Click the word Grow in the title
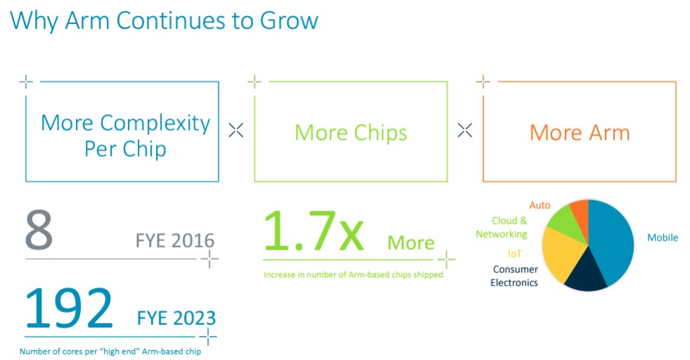click(289, 20)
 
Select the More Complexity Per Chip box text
click(125, 136)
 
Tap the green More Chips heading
click(351, 133)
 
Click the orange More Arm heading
click(580, 132)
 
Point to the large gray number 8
click(39, 230)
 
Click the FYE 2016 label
click(175, 240)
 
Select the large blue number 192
click(69, 308)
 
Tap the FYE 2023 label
click(176, 318)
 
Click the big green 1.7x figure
click(313, 231)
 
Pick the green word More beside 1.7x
click(410, 243)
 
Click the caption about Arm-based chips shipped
click(353, 275)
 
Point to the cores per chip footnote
click(110, 351)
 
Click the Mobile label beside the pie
click(663, 238)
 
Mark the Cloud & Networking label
click(502, 227)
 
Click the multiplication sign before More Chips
click(236, 130)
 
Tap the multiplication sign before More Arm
click(464, 130)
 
